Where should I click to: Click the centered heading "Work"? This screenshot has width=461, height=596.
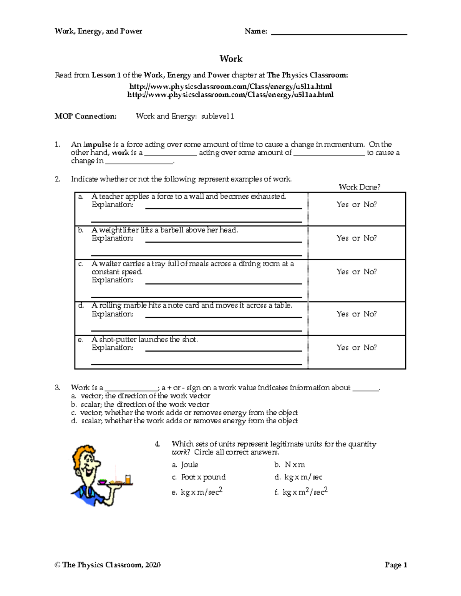click(231, 59)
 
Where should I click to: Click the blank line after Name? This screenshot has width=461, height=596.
click(339, 32)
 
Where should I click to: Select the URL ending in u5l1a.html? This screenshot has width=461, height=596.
click(230, 86)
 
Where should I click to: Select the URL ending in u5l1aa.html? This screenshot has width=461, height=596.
click(230, 95)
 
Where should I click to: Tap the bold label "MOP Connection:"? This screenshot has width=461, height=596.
click(85, 116)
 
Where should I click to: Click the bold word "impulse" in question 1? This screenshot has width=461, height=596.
click(97, 145)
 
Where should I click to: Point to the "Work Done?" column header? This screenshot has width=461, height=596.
click(359, 187)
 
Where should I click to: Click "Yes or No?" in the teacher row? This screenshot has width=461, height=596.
click(357, 205)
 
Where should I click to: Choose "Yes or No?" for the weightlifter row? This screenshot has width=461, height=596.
click(357, 238)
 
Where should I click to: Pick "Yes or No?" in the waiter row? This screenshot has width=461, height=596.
click(357, 272)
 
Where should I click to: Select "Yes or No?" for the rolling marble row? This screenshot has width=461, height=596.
click(357, 314)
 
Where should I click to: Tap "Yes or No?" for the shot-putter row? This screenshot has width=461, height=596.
click(357, 347)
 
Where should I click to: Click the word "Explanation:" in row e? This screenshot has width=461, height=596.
click(112, 348)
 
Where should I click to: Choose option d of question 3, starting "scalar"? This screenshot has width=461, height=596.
click(189, 421)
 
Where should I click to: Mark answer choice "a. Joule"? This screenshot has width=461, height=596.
click(185, 465)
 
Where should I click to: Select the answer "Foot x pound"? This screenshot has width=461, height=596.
click(203, 477)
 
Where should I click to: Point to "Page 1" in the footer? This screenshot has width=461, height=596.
click(396, 565)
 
